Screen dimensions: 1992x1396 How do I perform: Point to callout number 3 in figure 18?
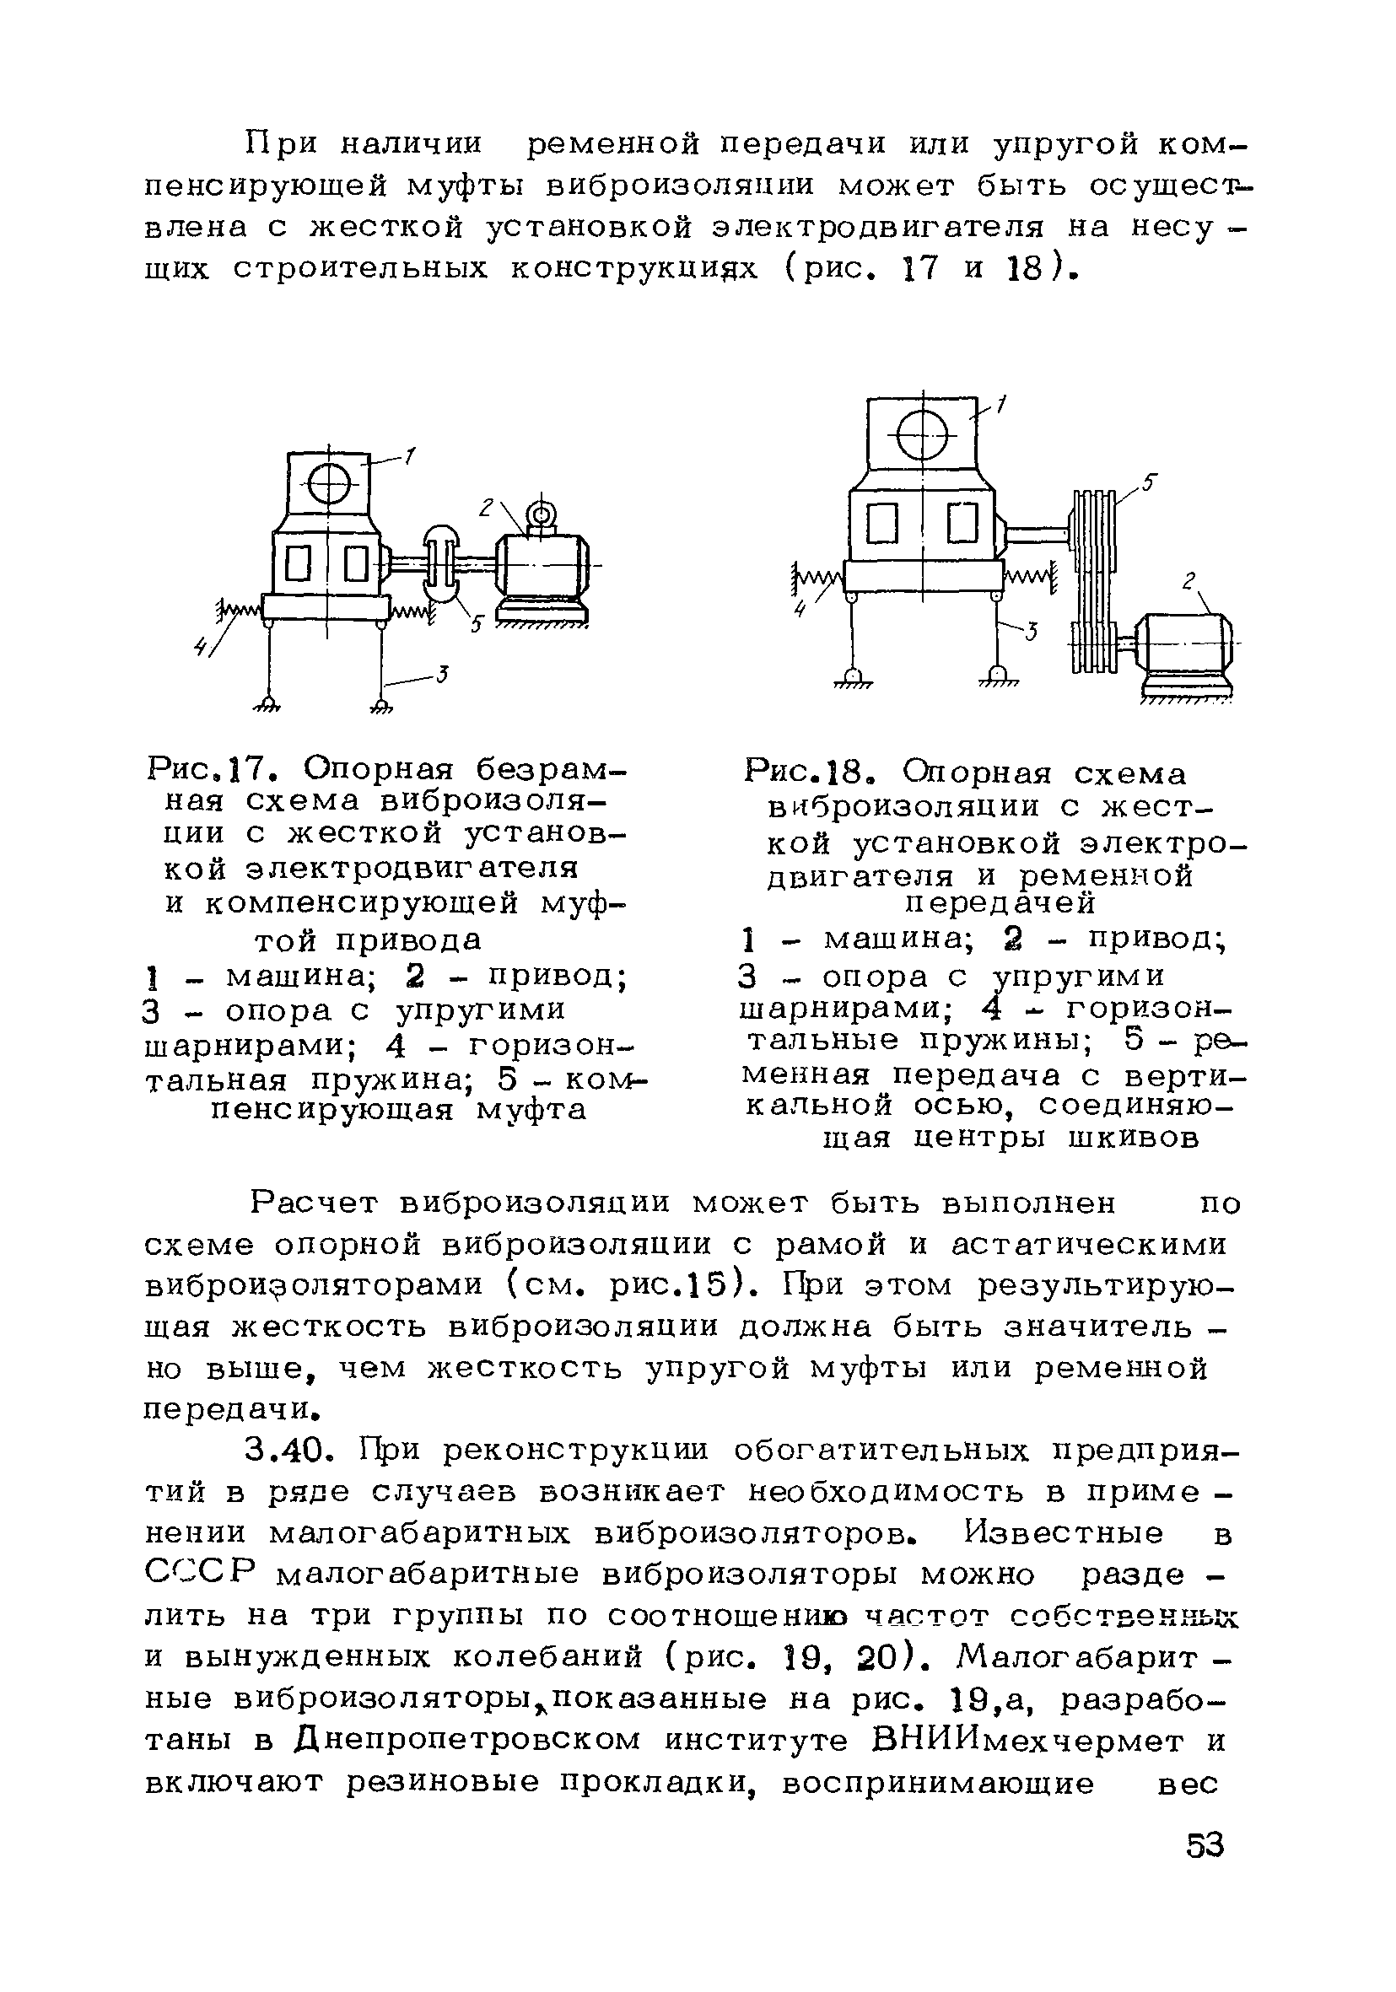pos(1031,633)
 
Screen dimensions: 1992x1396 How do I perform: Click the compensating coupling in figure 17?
pos(443,565)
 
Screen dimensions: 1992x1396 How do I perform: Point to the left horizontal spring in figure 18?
pos(819,576)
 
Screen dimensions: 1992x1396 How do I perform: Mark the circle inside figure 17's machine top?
pos(329,483)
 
